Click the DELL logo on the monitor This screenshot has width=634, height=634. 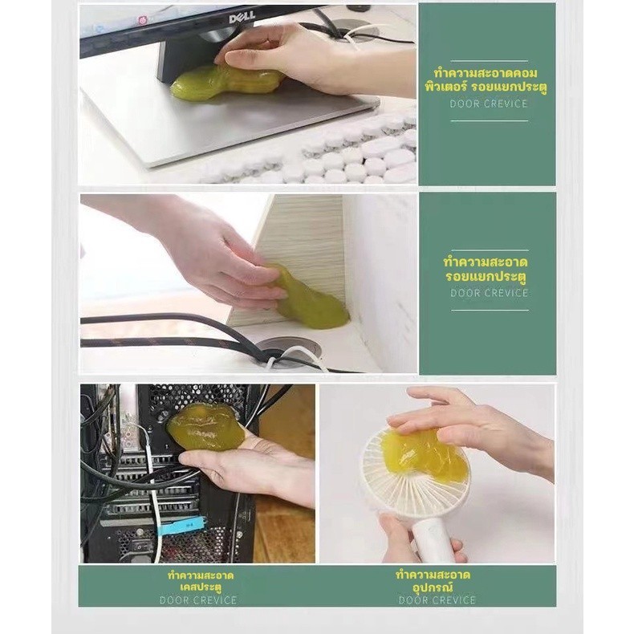coord(242,17)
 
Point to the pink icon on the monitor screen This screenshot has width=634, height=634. coord(142,19)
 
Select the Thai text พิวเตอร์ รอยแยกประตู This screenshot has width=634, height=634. coord(486,87)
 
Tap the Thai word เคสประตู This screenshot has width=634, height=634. coord(201,587)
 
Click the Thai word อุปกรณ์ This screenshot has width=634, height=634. coord(433,587)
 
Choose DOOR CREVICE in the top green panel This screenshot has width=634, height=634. coord(489,104)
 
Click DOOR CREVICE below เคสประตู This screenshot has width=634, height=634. coord(198,600)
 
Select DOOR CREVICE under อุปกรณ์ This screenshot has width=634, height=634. coord(437,600)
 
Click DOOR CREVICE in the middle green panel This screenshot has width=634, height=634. coord(490,293)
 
